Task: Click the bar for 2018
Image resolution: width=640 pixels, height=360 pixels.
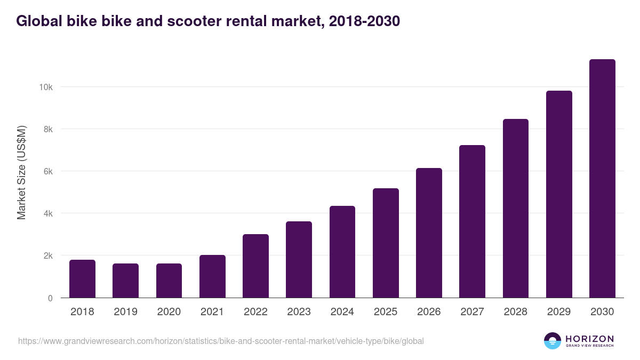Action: point(82,279)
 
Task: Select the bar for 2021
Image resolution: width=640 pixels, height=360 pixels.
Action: point(212,276)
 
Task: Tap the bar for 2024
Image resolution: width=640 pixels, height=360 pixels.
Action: point(342,252)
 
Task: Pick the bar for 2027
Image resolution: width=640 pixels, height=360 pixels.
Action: point(472,221)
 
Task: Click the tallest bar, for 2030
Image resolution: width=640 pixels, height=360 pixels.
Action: point(602,179)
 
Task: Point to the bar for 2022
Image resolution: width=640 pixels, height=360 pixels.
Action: point(255,266)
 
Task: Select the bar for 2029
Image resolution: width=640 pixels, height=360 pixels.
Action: point(559,194)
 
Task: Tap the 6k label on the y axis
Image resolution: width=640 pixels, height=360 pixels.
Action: point(48,171)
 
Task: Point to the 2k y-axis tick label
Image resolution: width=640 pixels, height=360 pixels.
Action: point(48,255)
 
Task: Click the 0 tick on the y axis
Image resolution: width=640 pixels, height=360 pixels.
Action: point(50,298)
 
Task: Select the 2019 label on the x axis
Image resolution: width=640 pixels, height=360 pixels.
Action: point(125,312)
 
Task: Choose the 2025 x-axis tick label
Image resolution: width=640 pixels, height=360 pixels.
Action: point(386,312)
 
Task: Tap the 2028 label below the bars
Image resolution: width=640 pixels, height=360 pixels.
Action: point(515,312)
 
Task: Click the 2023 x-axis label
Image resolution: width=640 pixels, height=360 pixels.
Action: point(299,312)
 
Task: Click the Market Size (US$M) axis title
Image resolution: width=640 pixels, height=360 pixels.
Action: point(21,172)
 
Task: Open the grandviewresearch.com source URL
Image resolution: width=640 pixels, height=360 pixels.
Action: point(221,341)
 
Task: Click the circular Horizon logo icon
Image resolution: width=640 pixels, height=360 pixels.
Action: point(553,341)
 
